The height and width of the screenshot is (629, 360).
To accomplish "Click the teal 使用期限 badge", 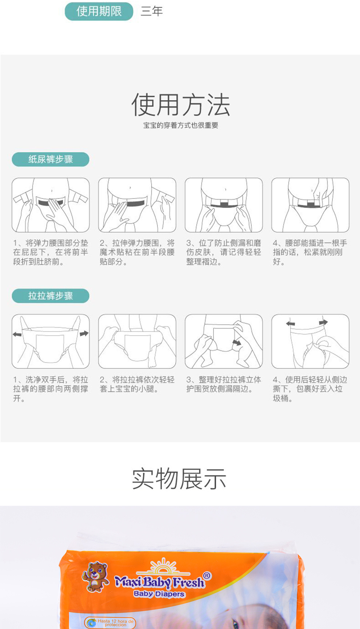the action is click(99, 11).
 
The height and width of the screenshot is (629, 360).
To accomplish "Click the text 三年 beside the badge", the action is click(152, 11).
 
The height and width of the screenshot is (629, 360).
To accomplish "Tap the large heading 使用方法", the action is click(180, 105).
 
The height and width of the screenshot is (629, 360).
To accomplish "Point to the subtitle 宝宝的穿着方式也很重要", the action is click(180, 125).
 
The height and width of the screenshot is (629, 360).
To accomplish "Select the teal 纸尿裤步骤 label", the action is click(51, 159).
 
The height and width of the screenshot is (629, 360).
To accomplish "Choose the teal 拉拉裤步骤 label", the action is click(51, 296).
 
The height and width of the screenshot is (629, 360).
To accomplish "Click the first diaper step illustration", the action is click(51, 205).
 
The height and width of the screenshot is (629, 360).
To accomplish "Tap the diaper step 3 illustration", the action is click(224, 205).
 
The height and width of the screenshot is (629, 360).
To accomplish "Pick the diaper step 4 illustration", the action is click(310, 205).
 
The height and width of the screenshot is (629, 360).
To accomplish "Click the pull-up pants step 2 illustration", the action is click(137, 341).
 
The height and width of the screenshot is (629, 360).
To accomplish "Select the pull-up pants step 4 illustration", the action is click(310, 341).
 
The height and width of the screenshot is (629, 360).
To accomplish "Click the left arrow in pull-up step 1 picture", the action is click(17, 334).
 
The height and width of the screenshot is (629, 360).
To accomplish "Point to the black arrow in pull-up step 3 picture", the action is click(237, 342).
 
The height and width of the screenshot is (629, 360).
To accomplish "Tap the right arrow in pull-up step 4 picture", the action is click(323, 322).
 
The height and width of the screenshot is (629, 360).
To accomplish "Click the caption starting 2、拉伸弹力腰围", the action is click(137, 252).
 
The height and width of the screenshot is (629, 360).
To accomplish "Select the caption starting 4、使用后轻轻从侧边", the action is click(310, 389).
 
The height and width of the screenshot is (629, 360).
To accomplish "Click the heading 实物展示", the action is click(179, 479).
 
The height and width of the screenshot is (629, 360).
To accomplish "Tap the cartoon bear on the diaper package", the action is click(95, 576).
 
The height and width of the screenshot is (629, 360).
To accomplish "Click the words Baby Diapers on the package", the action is click(159, 594).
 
